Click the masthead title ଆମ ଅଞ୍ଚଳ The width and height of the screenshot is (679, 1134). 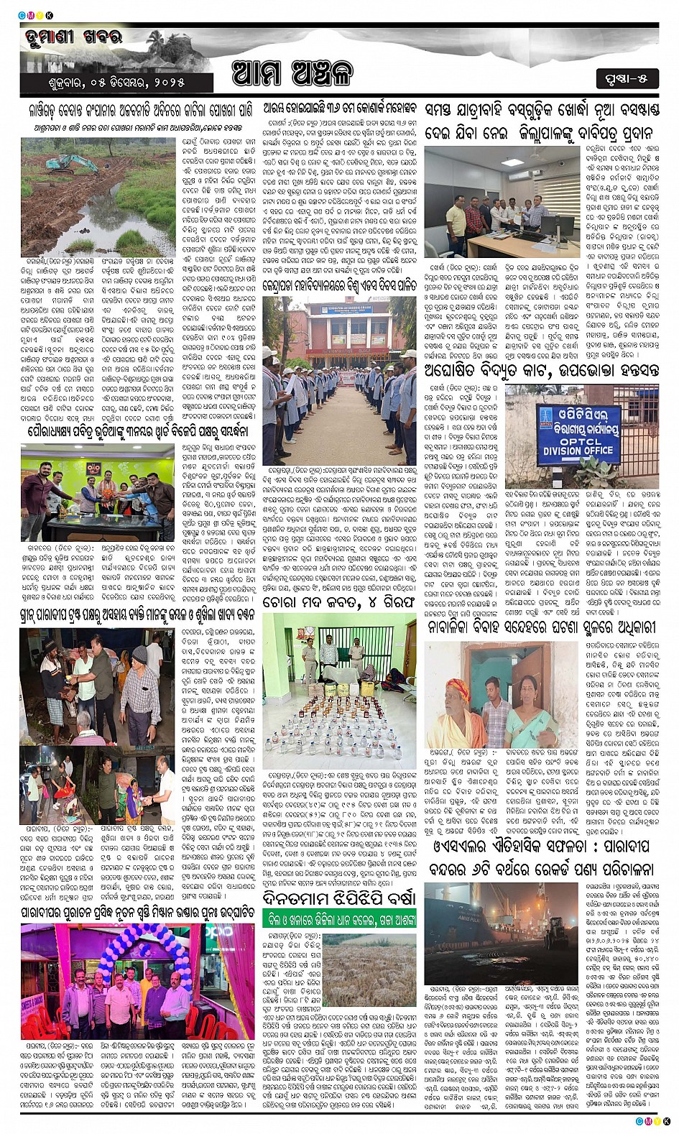point(292,75)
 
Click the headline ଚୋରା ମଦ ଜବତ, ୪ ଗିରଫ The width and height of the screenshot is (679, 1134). point(338,601)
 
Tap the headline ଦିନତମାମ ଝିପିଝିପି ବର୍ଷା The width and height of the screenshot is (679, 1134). point(338,898)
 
